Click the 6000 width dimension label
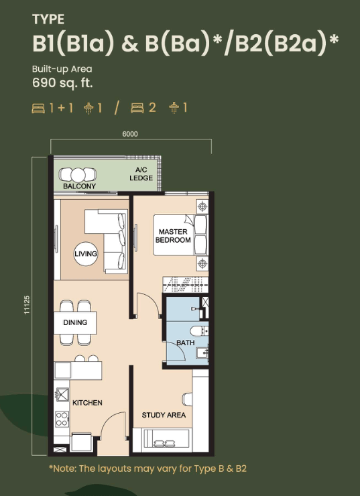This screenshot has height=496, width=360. click(130, 134)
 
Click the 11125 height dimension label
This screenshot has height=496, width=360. click(27, 305)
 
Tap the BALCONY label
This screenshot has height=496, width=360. click(79, 186)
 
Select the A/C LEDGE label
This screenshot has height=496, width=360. click(141, 174)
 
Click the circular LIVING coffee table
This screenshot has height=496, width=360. click(85, 253)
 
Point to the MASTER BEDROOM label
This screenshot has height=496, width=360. click(173, 236)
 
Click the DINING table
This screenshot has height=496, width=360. click(75, 322)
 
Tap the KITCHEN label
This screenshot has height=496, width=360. click(87, 403)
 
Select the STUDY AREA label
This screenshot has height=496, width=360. click(164, 415)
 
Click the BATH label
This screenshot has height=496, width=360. click(186, 343)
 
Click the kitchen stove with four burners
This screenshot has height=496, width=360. click(62, 419)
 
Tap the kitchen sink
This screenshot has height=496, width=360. click(62, 394)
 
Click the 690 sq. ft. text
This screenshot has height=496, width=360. click(62, 82)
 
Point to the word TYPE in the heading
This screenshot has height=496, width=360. click(48, 19)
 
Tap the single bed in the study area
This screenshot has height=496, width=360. click(166, 438)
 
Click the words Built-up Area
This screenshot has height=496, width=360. click(62, 68)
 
